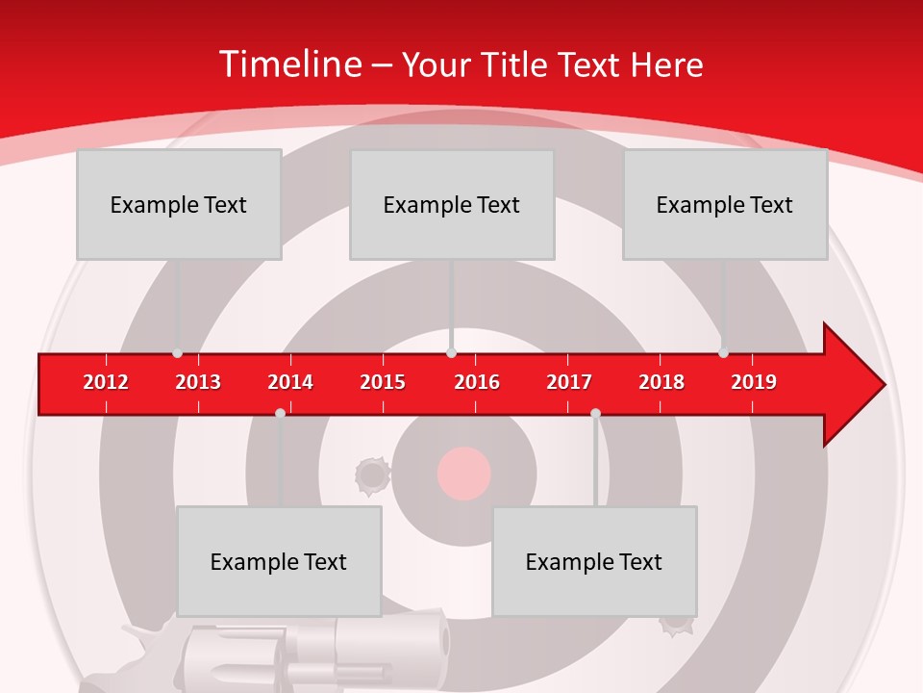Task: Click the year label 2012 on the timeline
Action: click(x=106, y=382)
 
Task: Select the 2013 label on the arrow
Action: click(x=198, y=382)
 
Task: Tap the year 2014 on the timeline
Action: click(x=290, y=382)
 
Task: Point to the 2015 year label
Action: click(x=383, y=382)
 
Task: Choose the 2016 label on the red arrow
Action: click(x=477, y=382)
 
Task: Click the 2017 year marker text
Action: click(x=569, y=382)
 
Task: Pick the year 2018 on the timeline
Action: click(x=661, y=382)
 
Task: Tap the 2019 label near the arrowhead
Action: click(x=754, y=382)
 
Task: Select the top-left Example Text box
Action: click(x=179, y=204)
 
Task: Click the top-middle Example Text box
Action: click(x=452, y=204)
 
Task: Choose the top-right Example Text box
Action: click(x=725, y=204)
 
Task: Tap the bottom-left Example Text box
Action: click(x=279, y=561)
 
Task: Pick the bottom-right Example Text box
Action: click(x=594, y=561)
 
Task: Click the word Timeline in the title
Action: click(x=288, y=64)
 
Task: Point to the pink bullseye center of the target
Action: click(x=464, y=474)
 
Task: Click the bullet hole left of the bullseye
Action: click(x=371, y=474)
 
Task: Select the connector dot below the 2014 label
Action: click(x=280, y=413)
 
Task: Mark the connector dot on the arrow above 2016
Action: click(x=452, y=353)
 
